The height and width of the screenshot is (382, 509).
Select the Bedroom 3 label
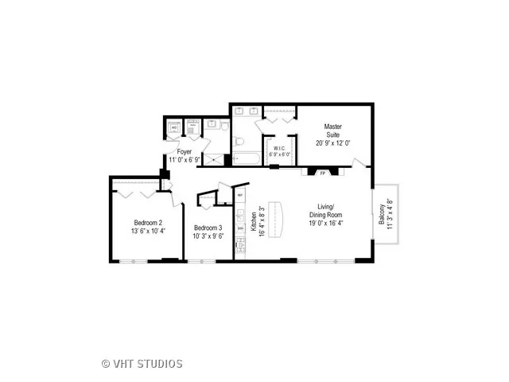point(208,228)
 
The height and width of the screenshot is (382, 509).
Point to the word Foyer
point(185,150)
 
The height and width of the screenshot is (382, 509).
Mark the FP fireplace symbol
point(323,172)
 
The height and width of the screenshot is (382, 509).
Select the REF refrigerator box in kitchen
point(239,194)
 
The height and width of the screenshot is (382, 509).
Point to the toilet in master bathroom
point(237,140)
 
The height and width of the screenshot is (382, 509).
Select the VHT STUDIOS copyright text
point(143,364)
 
